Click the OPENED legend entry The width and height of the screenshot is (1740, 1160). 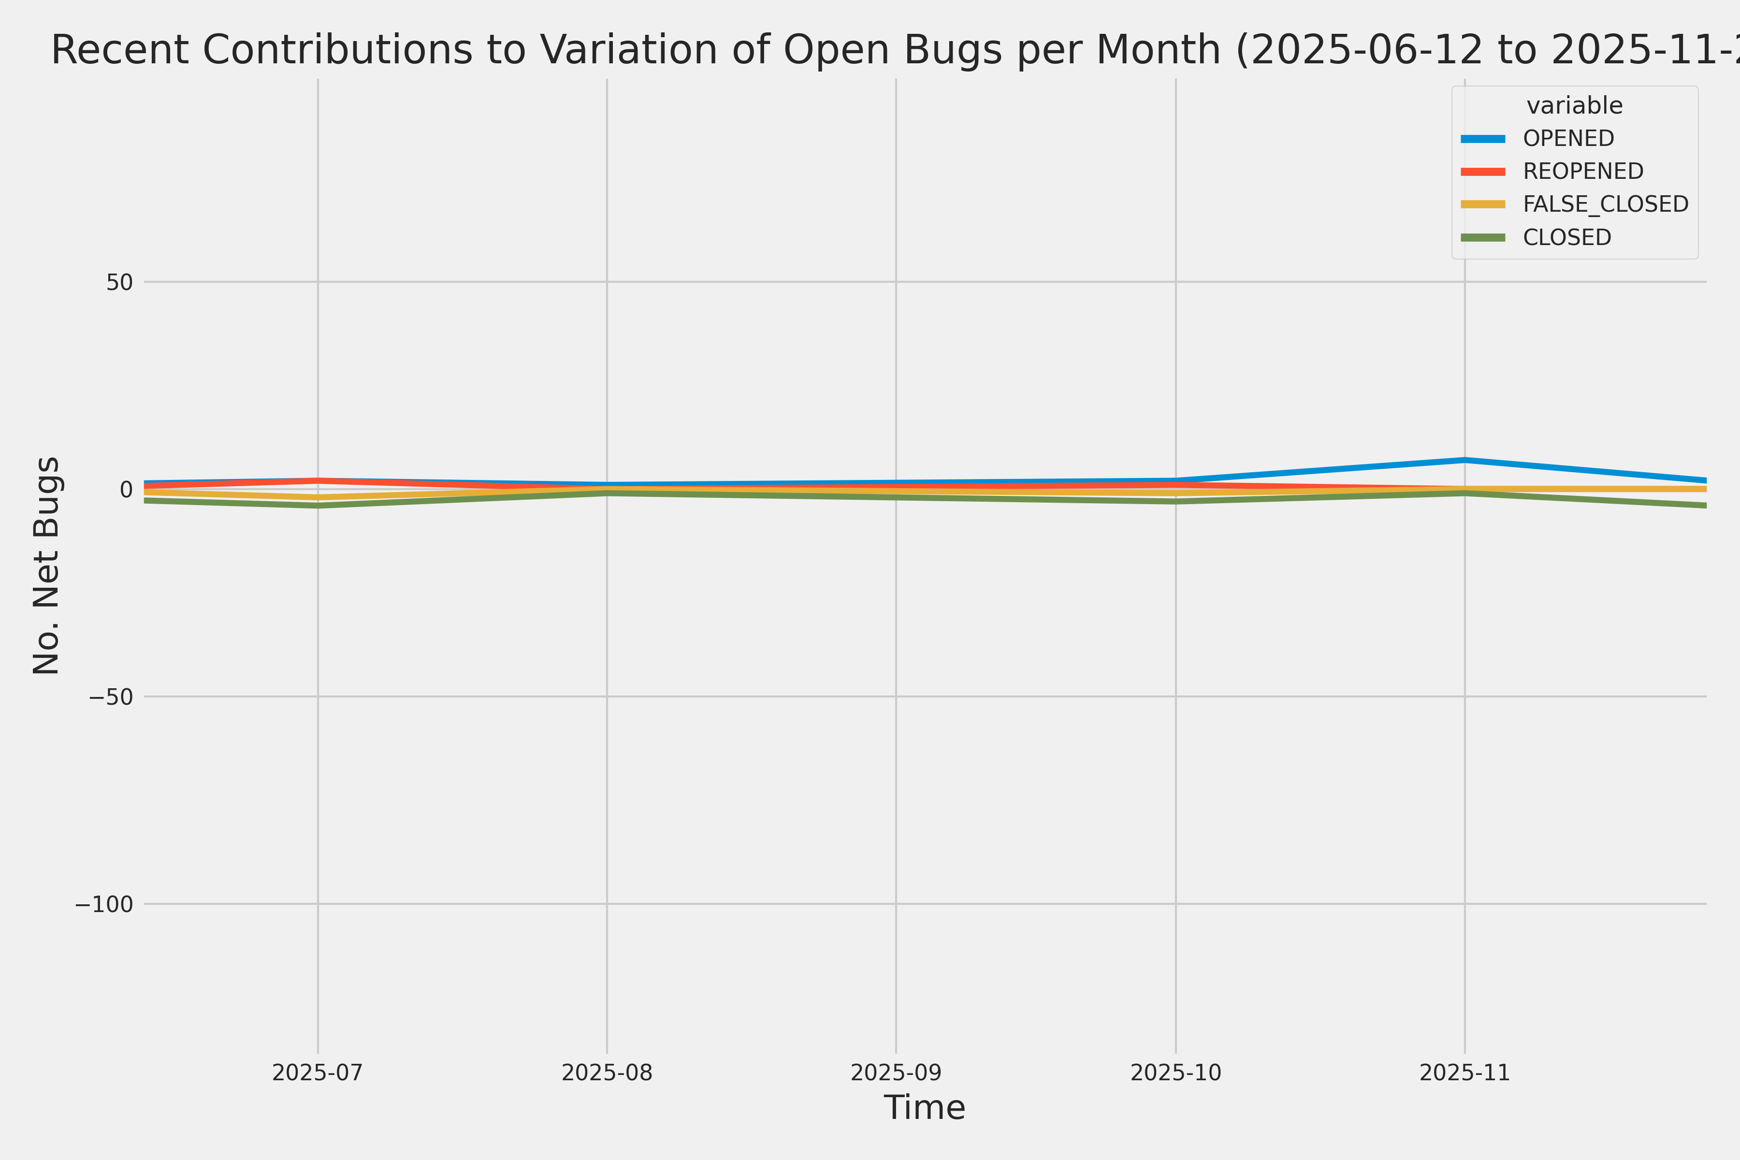pyautogui.click(x=1567, y=138)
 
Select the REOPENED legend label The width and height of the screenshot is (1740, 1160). pyautogui.click(x=1582, y=171)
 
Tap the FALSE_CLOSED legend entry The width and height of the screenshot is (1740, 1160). pyautogui.click(x=1605, y=204)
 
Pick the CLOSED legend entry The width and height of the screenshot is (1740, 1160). pyautogui.click(x=1566, y=237)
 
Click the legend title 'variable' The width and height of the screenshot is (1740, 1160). pyautogui.click(x=1574, y=106)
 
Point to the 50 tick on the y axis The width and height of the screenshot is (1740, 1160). pyautogui.click(x=119, y=282)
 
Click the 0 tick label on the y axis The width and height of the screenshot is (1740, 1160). pyautogui.click(x=126, y=489)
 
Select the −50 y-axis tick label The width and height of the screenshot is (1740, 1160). pyautogui.click(x=111, y=697)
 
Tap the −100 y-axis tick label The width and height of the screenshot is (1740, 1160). pyautogui.click(x=103, y=904)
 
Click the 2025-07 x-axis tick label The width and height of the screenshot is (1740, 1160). pyautogui.click(x=318, y=1073)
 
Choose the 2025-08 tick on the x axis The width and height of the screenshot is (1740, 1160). pyautogui.click(x=607, y=1073)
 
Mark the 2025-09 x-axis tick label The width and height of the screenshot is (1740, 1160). pyautogui.click(x=896, y=1073)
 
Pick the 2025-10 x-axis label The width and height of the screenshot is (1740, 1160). pyautogui.click(x=1175, y=1073)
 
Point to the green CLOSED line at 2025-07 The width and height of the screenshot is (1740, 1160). pyautogui.click(x=318, y=506)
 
